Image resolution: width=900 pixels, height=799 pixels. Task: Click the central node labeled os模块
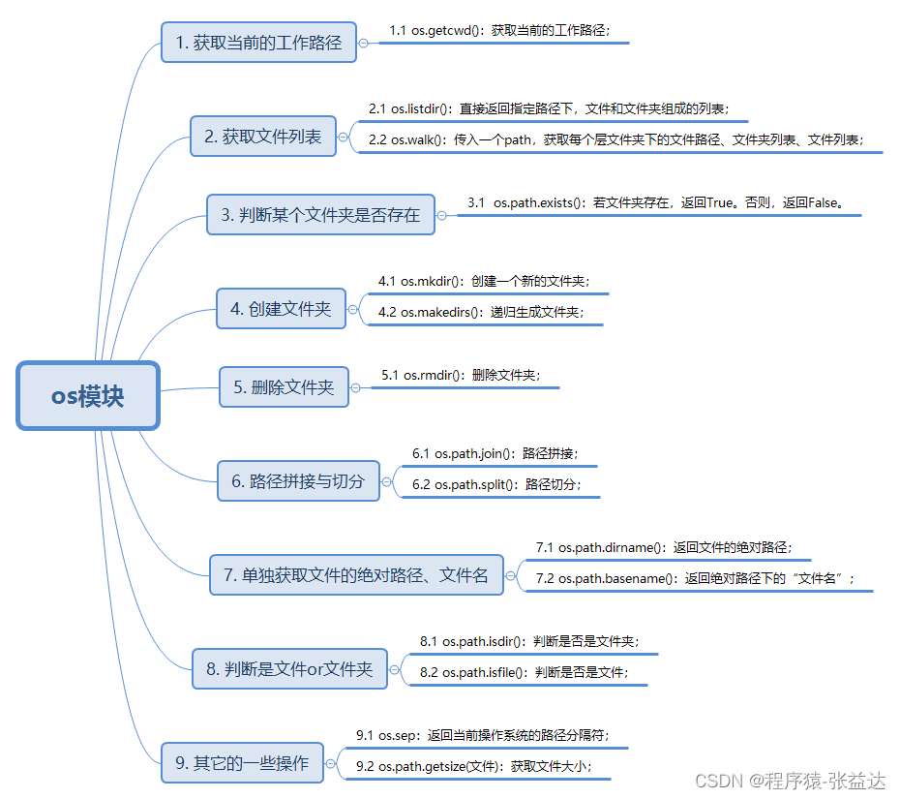coord(88,395)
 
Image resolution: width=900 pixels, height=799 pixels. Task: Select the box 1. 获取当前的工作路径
coord(258,43)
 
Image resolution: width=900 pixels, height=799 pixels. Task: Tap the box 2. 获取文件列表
coord(262,137)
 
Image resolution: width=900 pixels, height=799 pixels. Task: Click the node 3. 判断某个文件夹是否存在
coord(320,214)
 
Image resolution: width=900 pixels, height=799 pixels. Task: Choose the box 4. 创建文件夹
coord(281,309)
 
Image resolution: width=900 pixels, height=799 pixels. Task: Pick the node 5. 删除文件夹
coord(284,387)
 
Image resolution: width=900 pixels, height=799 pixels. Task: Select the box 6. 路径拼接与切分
coord(298,480)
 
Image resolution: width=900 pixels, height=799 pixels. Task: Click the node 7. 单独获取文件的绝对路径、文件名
coord(356,574)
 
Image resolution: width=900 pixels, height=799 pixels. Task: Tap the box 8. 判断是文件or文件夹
coord(289,668)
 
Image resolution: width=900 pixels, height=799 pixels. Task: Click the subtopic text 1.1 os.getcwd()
coord(499,30)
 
